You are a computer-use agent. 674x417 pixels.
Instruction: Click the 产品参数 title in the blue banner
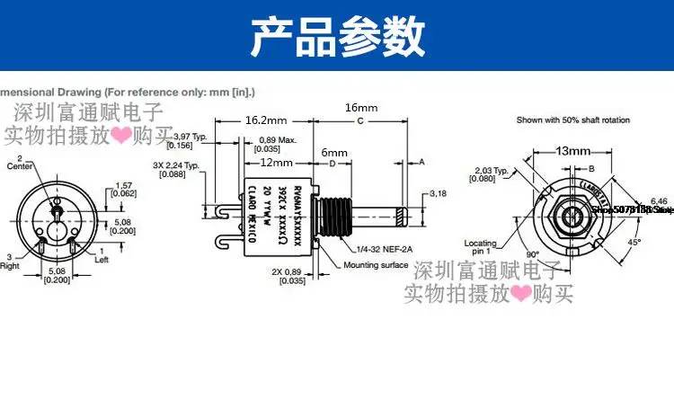336,37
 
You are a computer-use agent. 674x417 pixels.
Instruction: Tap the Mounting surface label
376,265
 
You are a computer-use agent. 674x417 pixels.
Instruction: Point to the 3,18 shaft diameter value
439,193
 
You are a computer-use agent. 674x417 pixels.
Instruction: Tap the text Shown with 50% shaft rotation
572,120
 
